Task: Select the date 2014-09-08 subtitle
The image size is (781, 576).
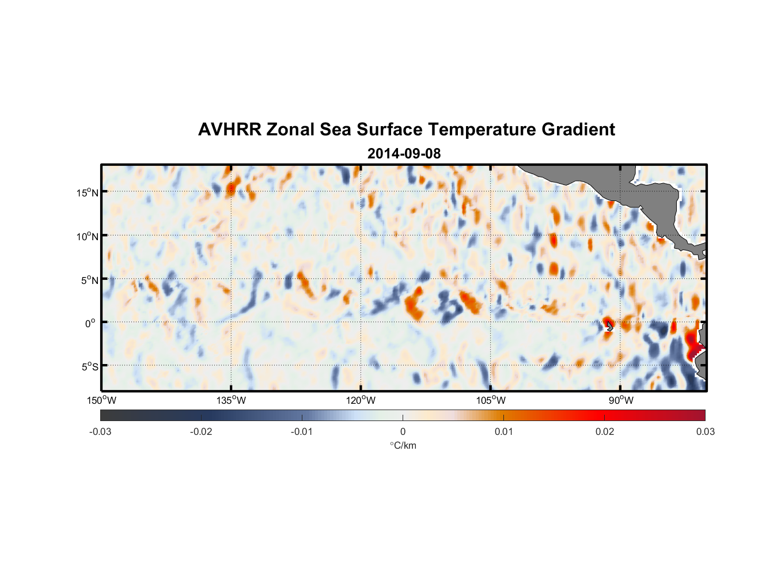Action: pyautogui.click(x=404, y=154)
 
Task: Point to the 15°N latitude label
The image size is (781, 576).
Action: pyautogui.click(x=87, y=192)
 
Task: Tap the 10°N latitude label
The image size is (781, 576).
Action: pyautogui.click(x=87, y=236)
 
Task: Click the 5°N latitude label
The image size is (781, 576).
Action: pyautogui.click(x=89, y=280)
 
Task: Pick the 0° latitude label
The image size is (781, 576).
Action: pyautogui.click(x=90, y=323)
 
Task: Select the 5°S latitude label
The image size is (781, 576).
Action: pyautogui.click(x=89, y=367)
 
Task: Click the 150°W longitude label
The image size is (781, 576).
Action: pyautogui.click(x=101, y=400)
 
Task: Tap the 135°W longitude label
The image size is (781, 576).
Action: pyautogui.click(x=231, y=400)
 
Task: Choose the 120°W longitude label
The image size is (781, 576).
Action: pyautogui.click(x=361, y=400)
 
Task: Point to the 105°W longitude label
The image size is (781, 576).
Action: pyautogui.click(x=491, y=400)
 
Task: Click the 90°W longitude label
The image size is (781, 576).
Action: pyautogui.click(x=621, y=400)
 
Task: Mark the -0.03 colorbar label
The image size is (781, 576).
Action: pyautogui.click(x=100, y=432)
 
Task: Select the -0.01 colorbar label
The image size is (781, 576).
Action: pyautogui.click(x=302, y=432)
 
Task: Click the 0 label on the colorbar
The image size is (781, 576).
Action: pyautogui.click(x=403, y=432)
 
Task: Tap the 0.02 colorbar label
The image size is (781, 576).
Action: pyautogui.click(x=605, y=432)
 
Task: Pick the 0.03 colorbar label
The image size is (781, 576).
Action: pyautogui.click(x=705, y=432)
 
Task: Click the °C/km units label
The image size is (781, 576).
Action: pyautogui.click(x=403, y=445)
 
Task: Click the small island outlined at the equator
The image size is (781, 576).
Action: pyautogui.click(x=609, y=327)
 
